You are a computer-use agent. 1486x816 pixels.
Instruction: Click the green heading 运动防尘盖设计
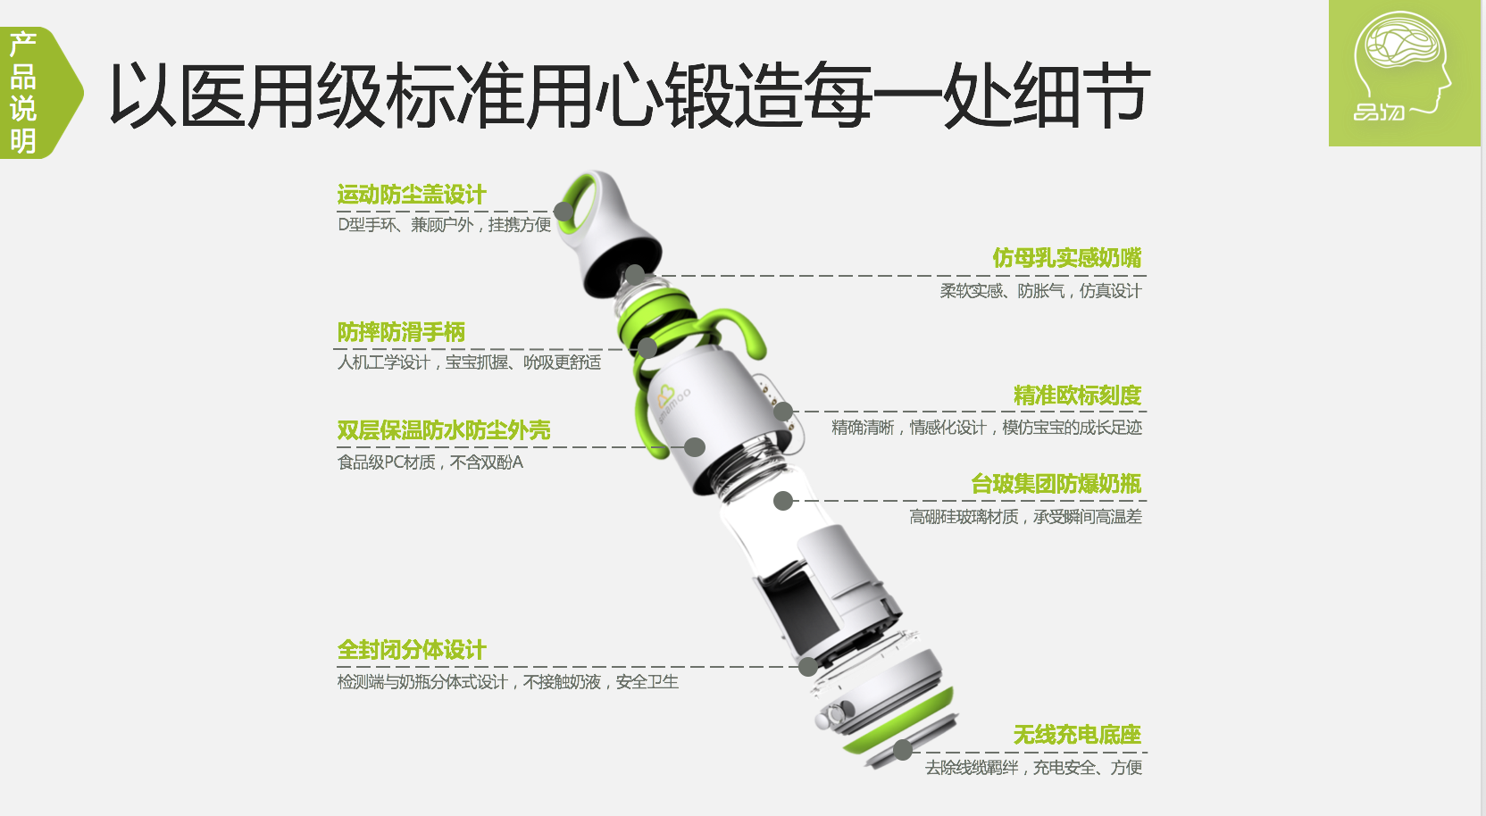[x=412, y=195]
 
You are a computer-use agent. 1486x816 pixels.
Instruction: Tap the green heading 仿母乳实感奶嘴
[x=1067, y=257]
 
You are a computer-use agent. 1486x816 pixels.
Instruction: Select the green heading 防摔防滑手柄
[x=401, y=332]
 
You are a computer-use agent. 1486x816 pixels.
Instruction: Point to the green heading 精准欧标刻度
[x=1077, y=396]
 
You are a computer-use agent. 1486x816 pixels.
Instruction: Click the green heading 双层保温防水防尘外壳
[x=443, y=430]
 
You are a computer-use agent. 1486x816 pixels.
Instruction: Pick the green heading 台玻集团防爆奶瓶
[x=1056, y=484]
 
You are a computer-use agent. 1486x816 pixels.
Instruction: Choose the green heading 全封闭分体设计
[x=412, y=649]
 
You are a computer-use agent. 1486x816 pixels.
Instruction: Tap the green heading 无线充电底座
[x=1077, y=735]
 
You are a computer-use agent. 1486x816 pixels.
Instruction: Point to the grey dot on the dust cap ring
[x=564, y=212]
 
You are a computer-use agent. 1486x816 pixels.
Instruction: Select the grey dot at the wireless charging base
[x=902, y=750]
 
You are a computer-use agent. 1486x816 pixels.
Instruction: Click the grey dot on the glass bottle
[x=783, y=501]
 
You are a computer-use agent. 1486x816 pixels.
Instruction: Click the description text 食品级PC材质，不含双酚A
[x=430, y=462]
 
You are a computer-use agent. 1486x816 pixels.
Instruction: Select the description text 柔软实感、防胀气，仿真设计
[x=1041, y=290]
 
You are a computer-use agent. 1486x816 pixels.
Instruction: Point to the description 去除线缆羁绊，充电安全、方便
[x=1033, y=768]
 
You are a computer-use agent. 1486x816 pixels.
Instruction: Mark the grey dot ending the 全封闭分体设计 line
[x=808, y=667]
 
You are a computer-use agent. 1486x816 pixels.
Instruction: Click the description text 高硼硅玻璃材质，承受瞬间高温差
[x=1025, y=516]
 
